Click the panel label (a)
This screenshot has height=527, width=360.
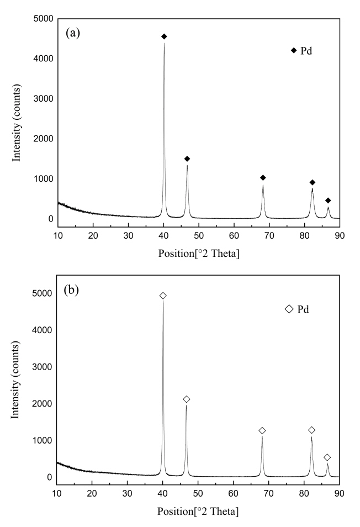(x=73, y=33)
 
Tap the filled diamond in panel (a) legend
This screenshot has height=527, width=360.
(x=294, y=51)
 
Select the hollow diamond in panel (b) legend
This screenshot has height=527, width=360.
(x=289, y=309)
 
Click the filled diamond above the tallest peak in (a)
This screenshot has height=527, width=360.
(x=164, y=36)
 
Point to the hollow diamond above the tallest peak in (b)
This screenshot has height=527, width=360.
(x=163, y=296)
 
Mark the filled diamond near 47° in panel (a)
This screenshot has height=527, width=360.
(x=187, y=159)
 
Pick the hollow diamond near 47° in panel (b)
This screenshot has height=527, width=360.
(x=187, y=399)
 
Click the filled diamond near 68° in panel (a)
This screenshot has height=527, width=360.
(x=263, y=177)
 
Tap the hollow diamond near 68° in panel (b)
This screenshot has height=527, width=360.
(x=262, y=430)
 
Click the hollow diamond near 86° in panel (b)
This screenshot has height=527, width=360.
(x=327, y=457)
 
